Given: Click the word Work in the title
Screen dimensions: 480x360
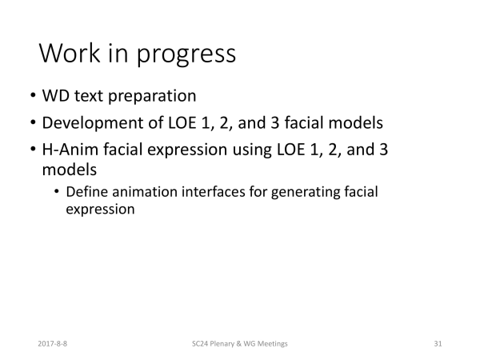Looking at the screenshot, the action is [70, 53].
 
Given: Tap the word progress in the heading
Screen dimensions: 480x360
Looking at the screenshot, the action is [186, 55].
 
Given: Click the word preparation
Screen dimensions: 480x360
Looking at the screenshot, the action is [152, 97].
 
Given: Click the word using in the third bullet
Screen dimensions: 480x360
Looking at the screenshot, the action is [252, 150].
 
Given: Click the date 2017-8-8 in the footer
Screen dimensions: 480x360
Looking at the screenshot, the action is [52, 344].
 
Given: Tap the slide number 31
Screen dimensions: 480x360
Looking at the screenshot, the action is [438, 344].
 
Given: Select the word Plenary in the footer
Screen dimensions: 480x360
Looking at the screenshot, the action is [222, 344].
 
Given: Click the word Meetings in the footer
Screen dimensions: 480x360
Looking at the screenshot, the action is [273, 344].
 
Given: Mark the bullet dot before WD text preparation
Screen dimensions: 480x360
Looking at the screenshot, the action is [33, 95].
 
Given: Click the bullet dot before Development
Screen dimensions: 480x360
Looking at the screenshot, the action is [33, 122].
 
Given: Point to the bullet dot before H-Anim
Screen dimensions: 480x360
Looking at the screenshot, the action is [33, 150].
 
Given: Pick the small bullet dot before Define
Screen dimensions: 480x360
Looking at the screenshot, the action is [56, 192].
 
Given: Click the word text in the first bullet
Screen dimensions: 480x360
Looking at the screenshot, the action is [89, 96].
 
